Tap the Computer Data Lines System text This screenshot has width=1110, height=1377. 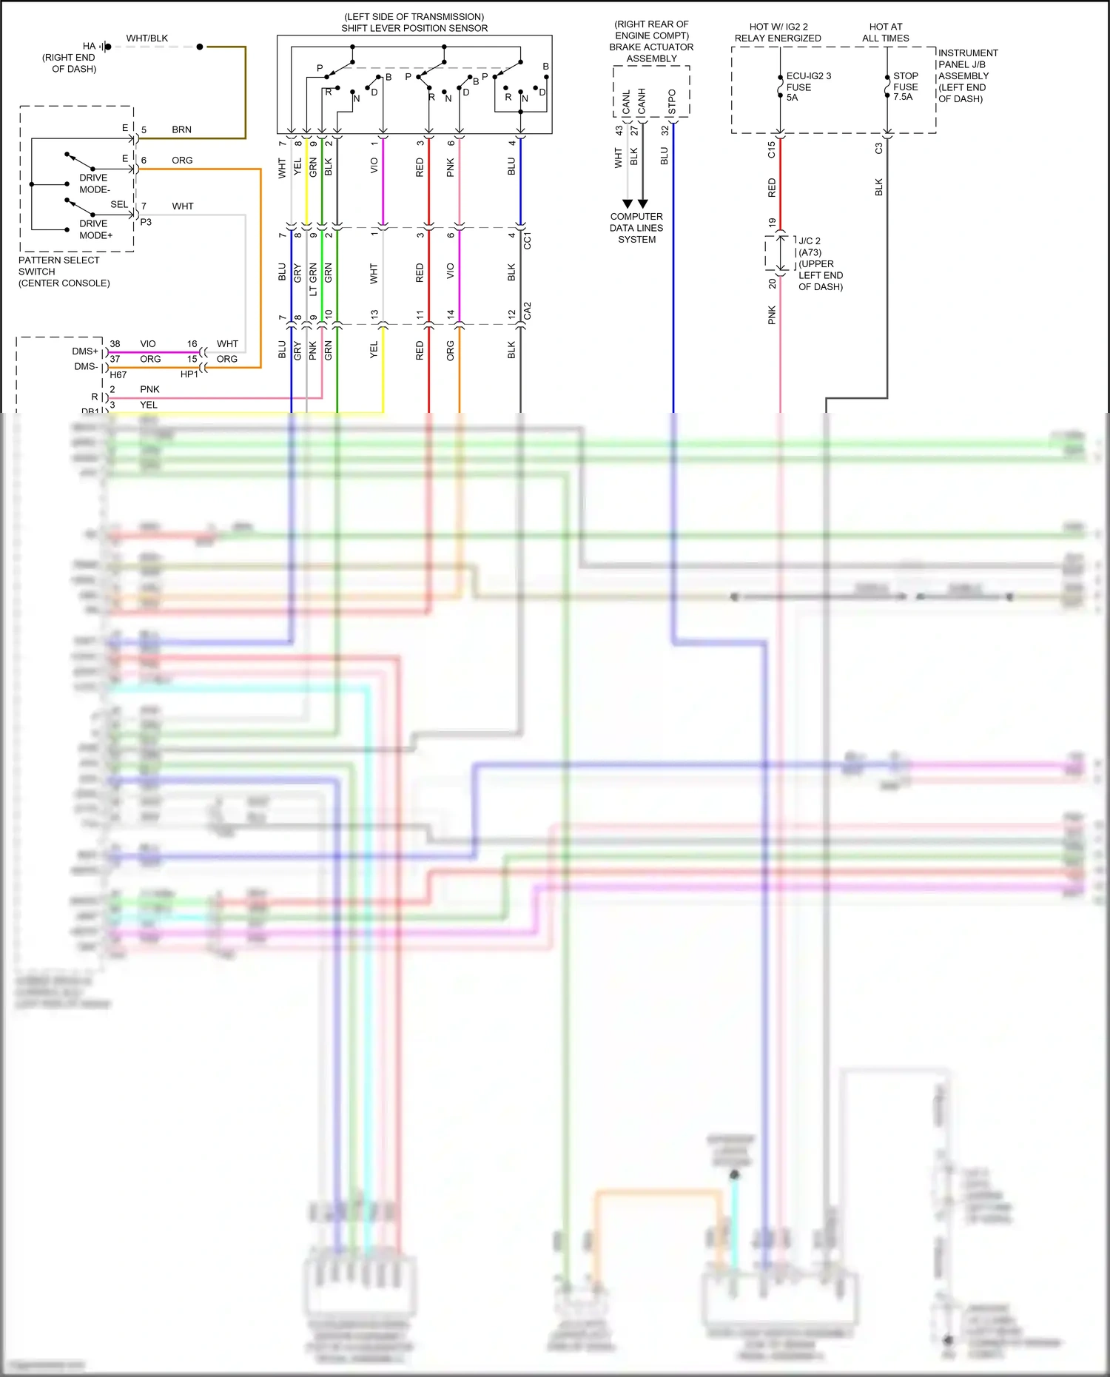tap(636, 228)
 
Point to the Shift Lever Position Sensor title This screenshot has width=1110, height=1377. tap(414, 28)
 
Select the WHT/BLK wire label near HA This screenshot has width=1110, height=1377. tap(147, 38)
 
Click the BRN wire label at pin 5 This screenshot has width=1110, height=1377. tap(181, 129)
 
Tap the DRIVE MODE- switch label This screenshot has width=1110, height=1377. tap(95, 184)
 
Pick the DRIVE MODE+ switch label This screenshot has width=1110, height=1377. tap(95, 229)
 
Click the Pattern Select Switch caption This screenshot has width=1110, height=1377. tap(64, 272)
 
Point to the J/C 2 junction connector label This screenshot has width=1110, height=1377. tap(810, 241)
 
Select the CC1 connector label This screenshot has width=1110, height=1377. tap(528, 240)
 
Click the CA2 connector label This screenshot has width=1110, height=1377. tap(528, 310)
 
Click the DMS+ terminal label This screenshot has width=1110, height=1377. tap(85, 351)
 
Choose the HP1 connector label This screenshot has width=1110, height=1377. tap(189, 374)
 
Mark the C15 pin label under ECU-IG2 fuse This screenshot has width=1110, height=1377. tap(772, 149)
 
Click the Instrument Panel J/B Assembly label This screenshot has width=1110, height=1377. tap(967, 75)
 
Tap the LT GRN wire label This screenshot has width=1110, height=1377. tap(313, 279)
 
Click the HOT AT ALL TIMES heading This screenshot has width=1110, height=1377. tap(885, 33)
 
